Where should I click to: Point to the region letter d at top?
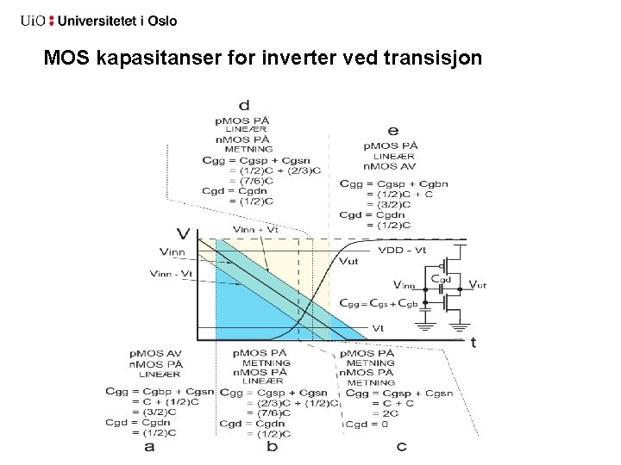[x=245, y=105]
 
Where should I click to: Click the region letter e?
[x=393, y=131]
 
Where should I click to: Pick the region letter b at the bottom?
[x=272, y=446]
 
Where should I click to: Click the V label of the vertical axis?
[x=182, y=232]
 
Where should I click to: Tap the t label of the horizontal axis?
[x=473, y=343]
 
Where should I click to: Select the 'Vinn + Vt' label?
[x=255, y=229]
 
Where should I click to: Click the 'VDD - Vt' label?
[x=402, y=250]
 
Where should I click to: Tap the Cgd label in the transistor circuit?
[x=441, y=278]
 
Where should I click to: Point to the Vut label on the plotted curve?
[x=349, y=262]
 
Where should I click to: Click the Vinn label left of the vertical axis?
[x=172, y=251]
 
